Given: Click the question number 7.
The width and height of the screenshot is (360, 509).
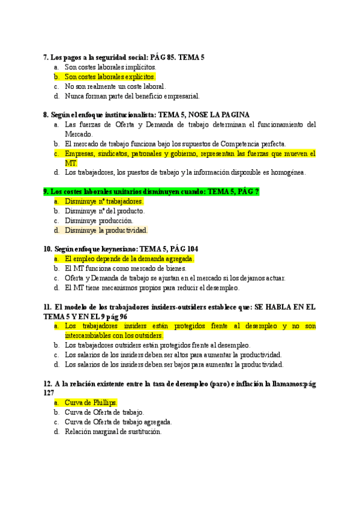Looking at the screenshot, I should coord(46,57).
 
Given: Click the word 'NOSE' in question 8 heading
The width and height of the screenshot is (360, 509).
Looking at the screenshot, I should coord(201,115).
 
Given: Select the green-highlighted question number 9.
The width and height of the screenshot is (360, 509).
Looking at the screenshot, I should coord(46,191).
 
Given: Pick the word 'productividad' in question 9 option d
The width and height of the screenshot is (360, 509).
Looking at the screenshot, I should coord(127,230).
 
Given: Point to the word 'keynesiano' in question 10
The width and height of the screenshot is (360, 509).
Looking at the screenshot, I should coord(116,249).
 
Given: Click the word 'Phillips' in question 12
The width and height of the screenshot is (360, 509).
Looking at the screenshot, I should coord(103,403).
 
